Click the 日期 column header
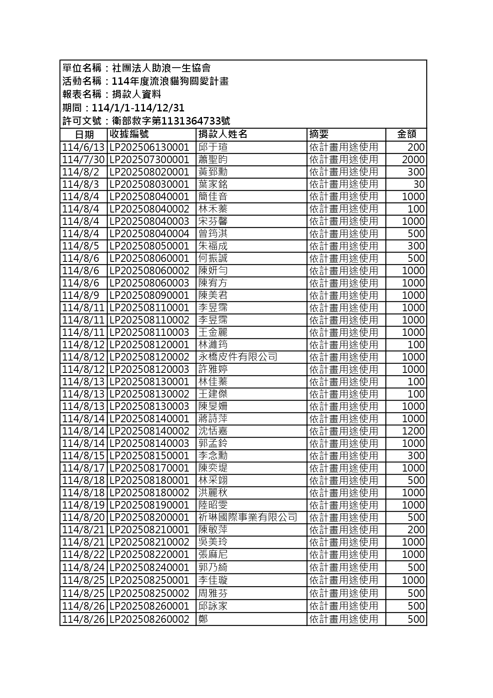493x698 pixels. pos(84,135)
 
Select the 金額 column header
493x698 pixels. pos(406,135)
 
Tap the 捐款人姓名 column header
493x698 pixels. pos(223,135)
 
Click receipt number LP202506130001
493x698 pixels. pos(149,147)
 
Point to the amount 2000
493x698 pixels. pos(413,160)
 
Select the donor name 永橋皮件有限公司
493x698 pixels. pos(238,357)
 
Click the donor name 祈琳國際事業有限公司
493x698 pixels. pos(248,517)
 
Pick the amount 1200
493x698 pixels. pos(413,431)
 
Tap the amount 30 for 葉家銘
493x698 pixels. pos(419,184)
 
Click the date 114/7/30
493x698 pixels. pos(83,160)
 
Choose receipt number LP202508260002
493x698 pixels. pos(149,619)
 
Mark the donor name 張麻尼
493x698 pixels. pos(213,554)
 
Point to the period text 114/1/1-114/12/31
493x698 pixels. pos(138,108)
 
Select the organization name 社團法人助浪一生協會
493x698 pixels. pos(161,68)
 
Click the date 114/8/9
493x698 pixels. pos(81,295)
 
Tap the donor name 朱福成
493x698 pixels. pos(213,246)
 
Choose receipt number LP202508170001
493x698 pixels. pos(149,468)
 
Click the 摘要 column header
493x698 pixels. pos(319,135)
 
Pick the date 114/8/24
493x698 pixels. pos(83,567)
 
